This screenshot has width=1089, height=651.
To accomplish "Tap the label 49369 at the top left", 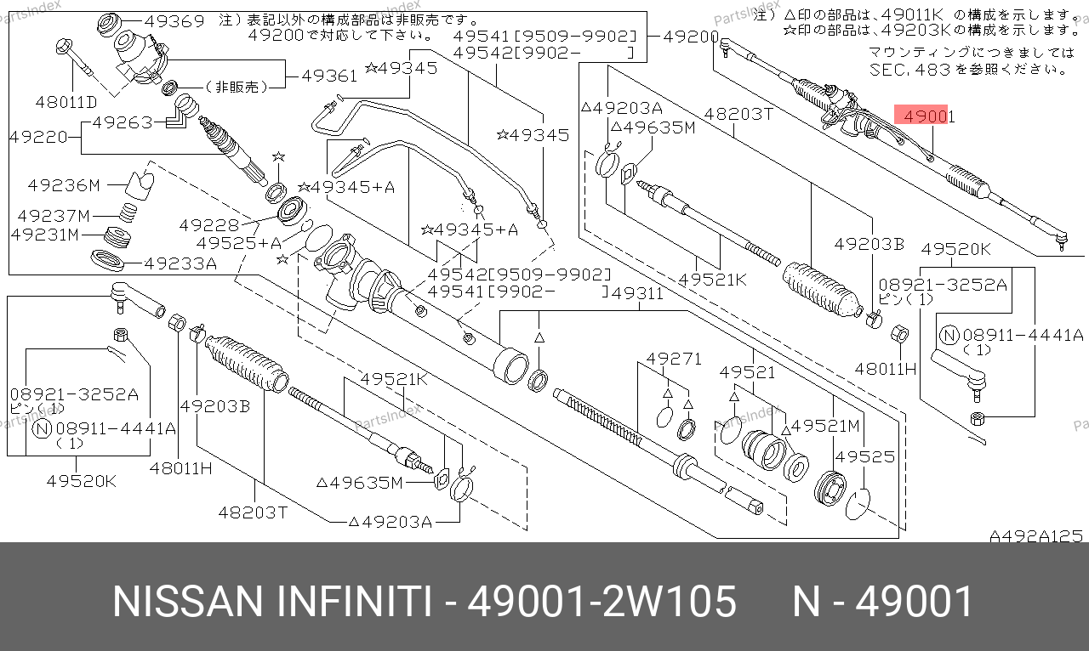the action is (174, 21).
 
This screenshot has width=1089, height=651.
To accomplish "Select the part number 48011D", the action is (66, 102).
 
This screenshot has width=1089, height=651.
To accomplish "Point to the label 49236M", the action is (64, 185).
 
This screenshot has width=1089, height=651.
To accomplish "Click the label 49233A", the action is (180, 263).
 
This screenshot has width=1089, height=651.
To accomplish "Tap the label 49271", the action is (675, 359).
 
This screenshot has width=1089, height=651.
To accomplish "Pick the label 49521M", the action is (825, 426).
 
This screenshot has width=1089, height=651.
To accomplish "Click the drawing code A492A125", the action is (1036, 536).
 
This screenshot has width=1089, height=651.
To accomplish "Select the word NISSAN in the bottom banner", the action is (188, 602).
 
